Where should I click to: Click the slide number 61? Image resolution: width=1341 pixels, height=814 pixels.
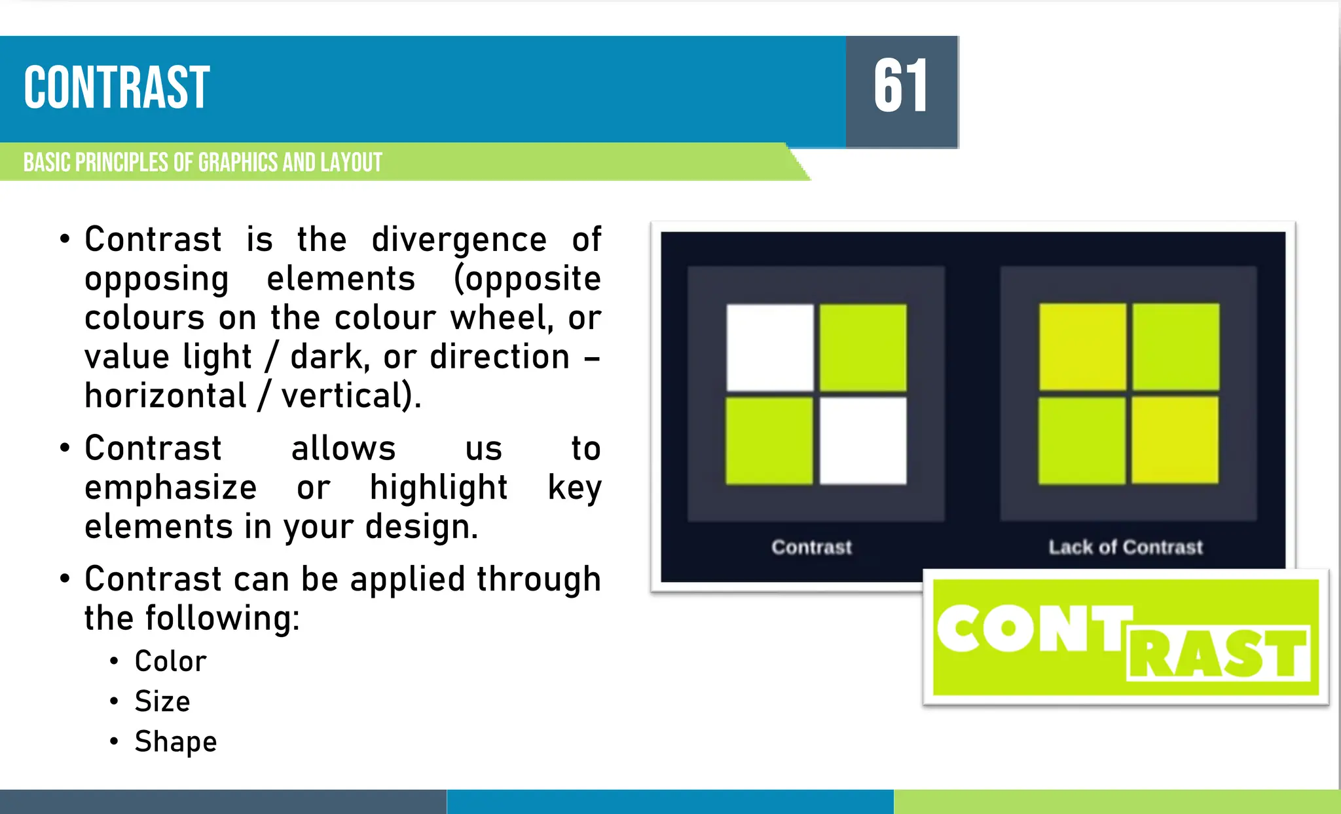[x=901, y=87]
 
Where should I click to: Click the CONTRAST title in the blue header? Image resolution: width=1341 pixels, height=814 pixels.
[x=117, y=88]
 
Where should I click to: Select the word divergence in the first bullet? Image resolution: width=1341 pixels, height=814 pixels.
[x=459, y=240]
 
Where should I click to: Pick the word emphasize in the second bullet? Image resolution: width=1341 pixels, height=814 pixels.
[x=170, y=488]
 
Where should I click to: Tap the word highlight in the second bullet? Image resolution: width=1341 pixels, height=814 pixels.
[x=439, y=488]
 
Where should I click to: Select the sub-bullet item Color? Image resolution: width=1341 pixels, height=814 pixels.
[x=170, y=661]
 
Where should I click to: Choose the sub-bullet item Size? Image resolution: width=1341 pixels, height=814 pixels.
[x=162, y=701]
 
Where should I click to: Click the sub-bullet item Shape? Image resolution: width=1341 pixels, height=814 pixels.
[x=175, y=742]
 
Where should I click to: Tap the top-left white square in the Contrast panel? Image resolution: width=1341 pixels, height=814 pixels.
[x=770, y=347]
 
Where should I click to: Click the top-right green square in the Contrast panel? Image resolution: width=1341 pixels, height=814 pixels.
[x=863, y=347]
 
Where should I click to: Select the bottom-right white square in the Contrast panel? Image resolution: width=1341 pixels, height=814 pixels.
[x=863, y=441]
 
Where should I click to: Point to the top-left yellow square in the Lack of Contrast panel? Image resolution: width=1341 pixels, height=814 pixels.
[x=1082, y=347]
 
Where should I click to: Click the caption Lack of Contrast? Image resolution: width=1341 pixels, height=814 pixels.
[x=1126, y=547]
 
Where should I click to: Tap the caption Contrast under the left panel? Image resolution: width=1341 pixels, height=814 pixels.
[x=812, y=547]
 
